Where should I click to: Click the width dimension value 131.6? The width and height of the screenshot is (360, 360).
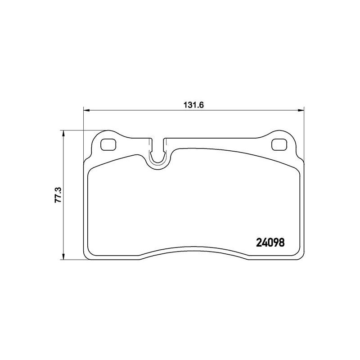[x=193, y=105]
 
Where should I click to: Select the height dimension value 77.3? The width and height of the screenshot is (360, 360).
[x=58, y=195]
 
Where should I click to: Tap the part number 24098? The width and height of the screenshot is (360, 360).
[x=270, y=243]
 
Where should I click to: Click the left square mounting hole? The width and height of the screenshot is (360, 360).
[x=108, y=145]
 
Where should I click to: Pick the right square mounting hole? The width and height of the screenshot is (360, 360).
[x=279, y=145]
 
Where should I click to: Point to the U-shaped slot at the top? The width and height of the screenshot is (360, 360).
[x=158, y=162]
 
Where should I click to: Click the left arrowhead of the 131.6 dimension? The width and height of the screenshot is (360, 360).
[x=86, y=110]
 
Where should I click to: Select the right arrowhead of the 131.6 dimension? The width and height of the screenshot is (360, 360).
[x=301, y=110]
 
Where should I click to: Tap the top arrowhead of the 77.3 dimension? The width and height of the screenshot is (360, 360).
[x=63, y=134]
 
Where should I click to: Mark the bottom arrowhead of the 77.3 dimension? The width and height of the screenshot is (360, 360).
[x=63, y=256]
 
